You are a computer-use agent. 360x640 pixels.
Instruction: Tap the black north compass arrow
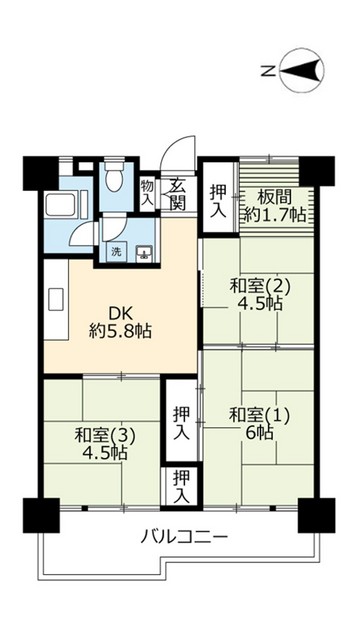pos(305,69)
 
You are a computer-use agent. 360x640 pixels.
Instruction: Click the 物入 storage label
pos(147,192)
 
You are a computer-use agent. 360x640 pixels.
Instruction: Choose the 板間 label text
pos(271,196)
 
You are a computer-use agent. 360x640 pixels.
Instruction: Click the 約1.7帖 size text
pos(271,213)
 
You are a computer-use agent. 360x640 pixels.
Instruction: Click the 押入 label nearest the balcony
pos(181,486)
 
